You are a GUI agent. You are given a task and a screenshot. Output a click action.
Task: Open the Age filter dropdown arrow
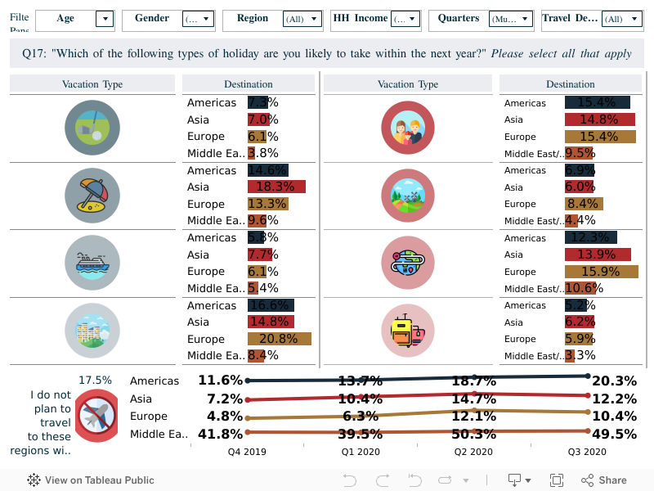click(x=104, y=19)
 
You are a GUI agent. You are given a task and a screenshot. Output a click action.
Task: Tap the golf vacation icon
click(x=92, y=127)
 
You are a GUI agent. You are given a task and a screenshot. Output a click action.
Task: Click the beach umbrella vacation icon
click(x=92, y=195)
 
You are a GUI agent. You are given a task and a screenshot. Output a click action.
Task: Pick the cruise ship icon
click(x=92, y=262)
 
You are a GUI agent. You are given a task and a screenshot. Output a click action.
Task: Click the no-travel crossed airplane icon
click(x=96, y=415)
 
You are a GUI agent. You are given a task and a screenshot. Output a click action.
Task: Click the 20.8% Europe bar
click(x=280, y=339)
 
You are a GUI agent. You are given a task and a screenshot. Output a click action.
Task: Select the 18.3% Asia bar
click(x=276, y=187)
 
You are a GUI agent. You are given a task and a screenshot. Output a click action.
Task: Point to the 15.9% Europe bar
click(x=601, y=272)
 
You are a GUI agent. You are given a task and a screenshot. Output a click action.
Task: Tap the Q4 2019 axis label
click(x=246, y=452)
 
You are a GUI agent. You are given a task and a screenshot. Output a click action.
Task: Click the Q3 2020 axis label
click(x=586, y=452)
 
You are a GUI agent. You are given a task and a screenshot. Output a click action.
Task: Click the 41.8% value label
click(x=221, y=435)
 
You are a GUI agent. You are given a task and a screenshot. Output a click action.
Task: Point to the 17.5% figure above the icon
click(x=95, y=381)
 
